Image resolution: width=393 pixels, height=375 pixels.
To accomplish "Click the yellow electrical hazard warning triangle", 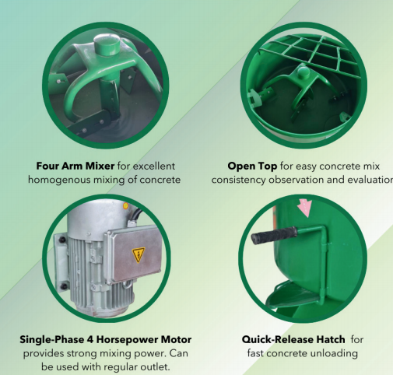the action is tap(139, 254).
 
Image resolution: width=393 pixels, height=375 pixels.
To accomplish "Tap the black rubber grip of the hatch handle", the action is tap(274, 235).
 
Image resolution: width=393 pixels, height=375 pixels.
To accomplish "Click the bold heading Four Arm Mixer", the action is tap(75, 166).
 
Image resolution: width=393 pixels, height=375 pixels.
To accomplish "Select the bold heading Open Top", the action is tap(252, 166).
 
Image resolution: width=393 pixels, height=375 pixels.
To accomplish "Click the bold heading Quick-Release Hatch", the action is tap(293, 339).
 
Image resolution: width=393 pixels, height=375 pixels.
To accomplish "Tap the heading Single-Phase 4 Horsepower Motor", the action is tap(106, 339).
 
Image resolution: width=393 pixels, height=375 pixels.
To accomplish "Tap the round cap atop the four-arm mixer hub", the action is tap(107, 44).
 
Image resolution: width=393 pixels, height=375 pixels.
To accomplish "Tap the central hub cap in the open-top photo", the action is tap(303, 72).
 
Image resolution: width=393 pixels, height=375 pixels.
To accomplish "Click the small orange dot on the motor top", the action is tap(125, 206).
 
